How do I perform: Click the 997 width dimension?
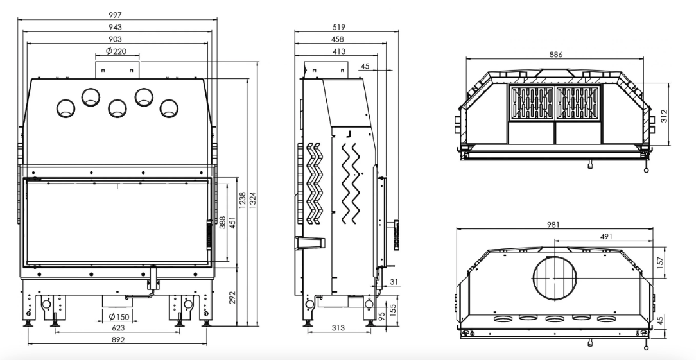pos(115,15)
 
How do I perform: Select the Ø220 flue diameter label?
pos(116,51)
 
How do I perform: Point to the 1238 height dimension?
pos(242,201)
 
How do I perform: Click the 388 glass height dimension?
pos(222,222)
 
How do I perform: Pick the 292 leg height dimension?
pos(231,297)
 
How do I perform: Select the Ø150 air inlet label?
pos(119,316)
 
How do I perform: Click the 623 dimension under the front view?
pos(118,328)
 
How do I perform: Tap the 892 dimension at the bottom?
pos(118,340)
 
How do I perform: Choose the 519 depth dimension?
pos(338,27)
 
